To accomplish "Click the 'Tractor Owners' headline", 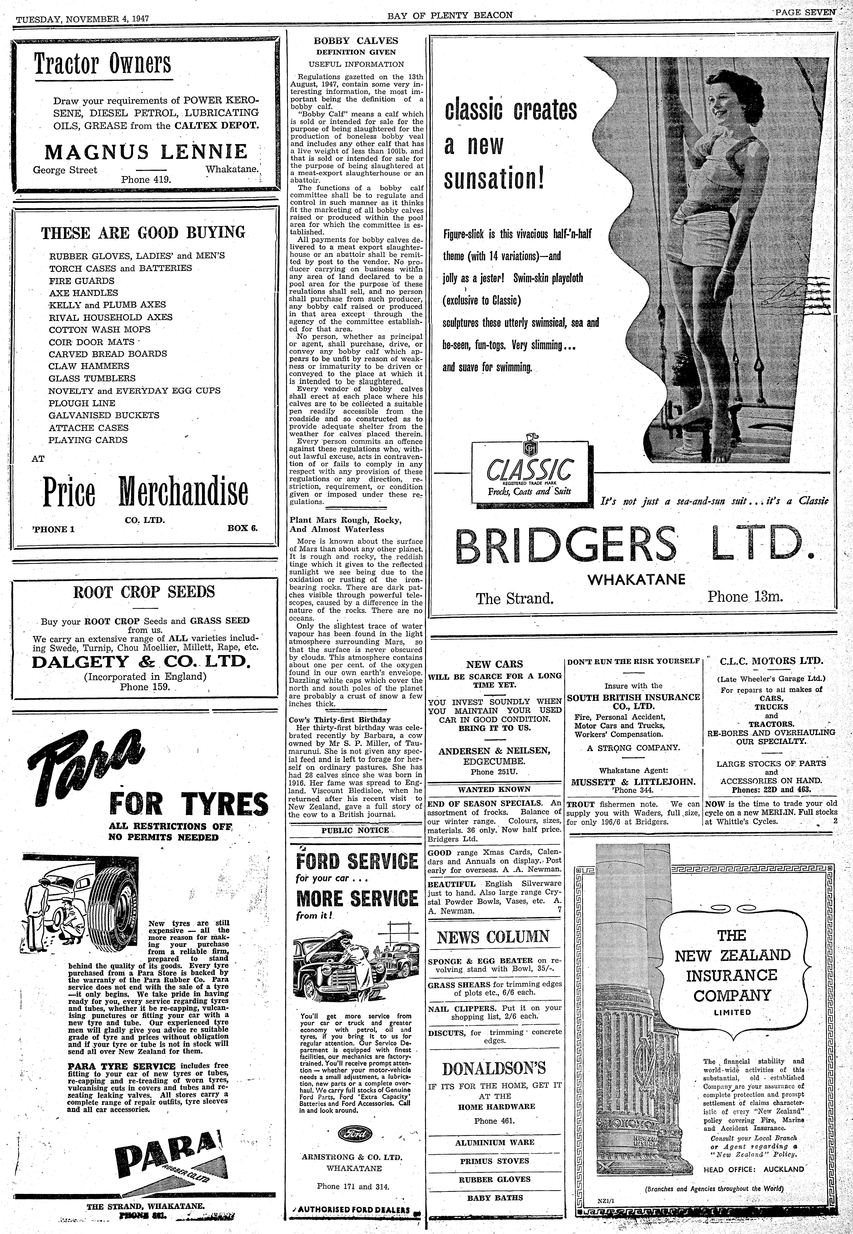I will click(x=103, y=64).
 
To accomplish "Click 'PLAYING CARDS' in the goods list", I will click(x=88, y=440).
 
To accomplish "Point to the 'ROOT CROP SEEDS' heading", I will click(x=144, y=592).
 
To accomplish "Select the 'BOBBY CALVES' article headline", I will click(x=356, y=41).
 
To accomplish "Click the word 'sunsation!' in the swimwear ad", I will click(x=494, y=180).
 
